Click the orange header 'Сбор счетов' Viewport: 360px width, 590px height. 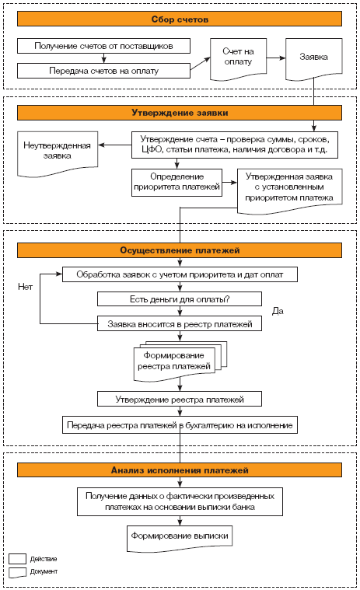(x=180, y=19)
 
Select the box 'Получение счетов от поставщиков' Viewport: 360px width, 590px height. (x=103, y=46)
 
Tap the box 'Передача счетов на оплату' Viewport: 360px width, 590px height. (x=103, y=71)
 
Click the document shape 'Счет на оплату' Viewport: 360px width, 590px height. (x=238, y=58)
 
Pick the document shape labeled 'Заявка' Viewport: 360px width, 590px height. (x=313, y=58)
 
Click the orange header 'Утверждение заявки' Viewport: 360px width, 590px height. (x=180, y=113)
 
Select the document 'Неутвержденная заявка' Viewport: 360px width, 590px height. (x=58, y=152)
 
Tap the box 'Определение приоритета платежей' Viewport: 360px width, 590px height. (x=177, y=183)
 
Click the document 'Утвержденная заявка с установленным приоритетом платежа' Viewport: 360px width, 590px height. (x=290, y=190)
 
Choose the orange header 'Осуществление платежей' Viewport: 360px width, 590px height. (x=180, y=250)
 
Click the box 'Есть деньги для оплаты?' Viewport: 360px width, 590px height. (x=180, y=299)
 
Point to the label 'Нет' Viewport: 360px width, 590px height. (x=25, y=287)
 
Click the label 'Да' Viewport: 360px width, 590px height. (x=278, y=311)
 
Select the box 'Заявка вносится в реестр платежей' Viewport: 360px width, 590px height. (x=180, y=323)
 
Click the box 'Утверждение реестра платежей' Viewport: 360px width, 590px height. (x=180, y=399)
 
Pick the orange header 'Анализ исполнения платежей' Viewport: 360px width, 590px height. (x=180, y=470)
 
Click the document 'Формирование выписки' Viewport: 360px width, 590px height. (x=180, y=538)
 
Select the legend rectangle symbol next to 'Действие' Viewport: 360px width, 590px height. (x=17, y=558)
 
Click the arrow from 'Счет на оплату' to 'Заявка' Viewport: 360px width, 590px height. (x=276, y=58)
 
